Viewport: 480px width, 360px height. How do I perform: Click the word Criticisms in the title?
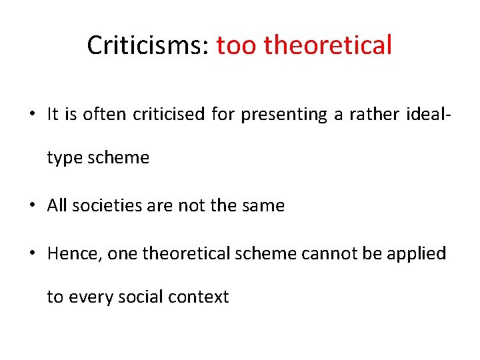click(x=148, y=45)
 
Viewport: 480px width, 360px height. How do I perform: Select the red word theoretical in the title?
click(x=328, y=45)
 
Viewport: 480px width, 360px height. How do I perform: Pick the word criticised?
click(x=169, y=115)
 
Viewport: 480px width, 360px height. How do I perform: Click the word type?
click(x=63, y=158)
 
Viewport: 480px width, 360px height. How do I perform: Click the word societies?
click(x=101, y=206)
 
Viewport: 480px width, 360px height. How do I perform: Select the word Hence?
click(x=69, y=254)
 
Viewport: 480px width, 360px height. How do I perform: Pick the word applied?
click(x=421, y=254)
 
